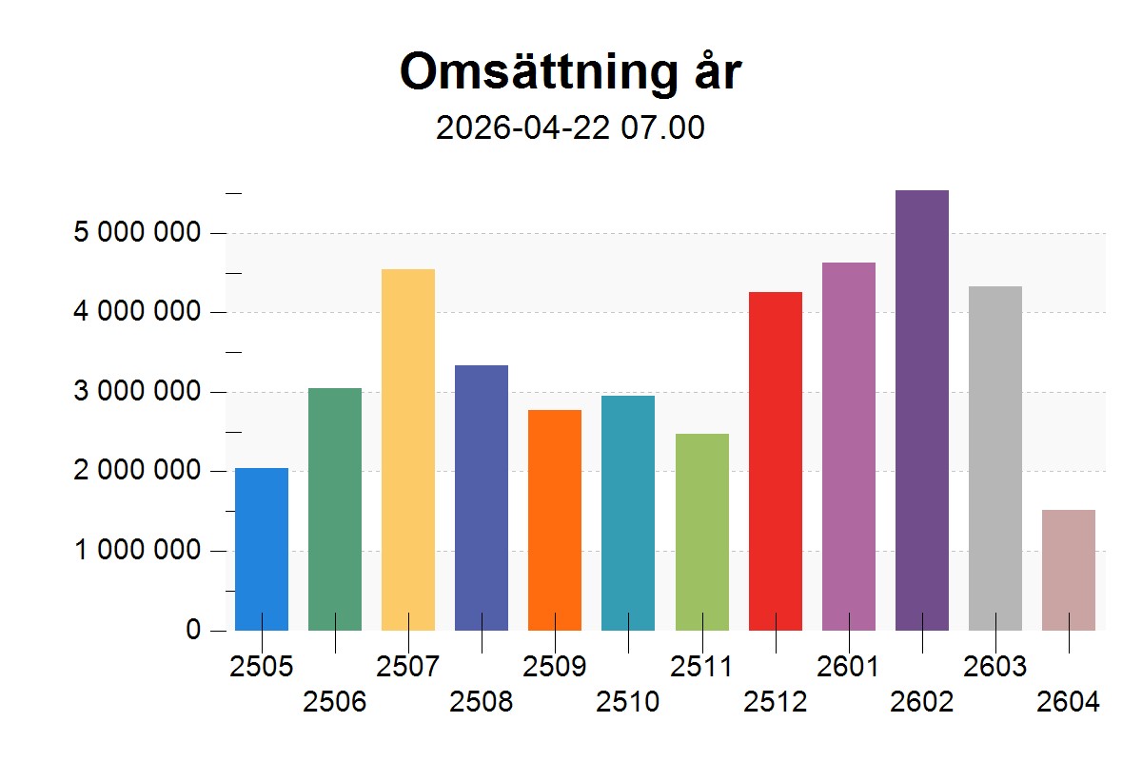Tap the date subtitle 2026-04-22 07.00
point(570,128)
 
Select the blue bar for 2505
point(262,549)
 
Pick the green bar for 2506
point(335,509)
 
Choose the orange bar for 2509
point(555,519)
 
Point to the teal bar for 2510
point(628,513)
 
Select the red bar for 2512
point(776,460)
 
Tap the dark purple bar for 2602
point(922,410)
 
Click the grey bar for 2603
point(995,458)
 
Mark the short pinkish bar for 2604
point(1069,570)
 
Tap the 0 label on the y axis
point(193,631)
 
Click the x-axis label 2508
point(482,703)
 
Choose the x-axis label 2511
point(701,667)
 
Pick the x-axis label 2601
point(848,667)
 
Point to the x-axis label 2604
point(1069,703)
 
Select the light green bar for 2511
point(702,532)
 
